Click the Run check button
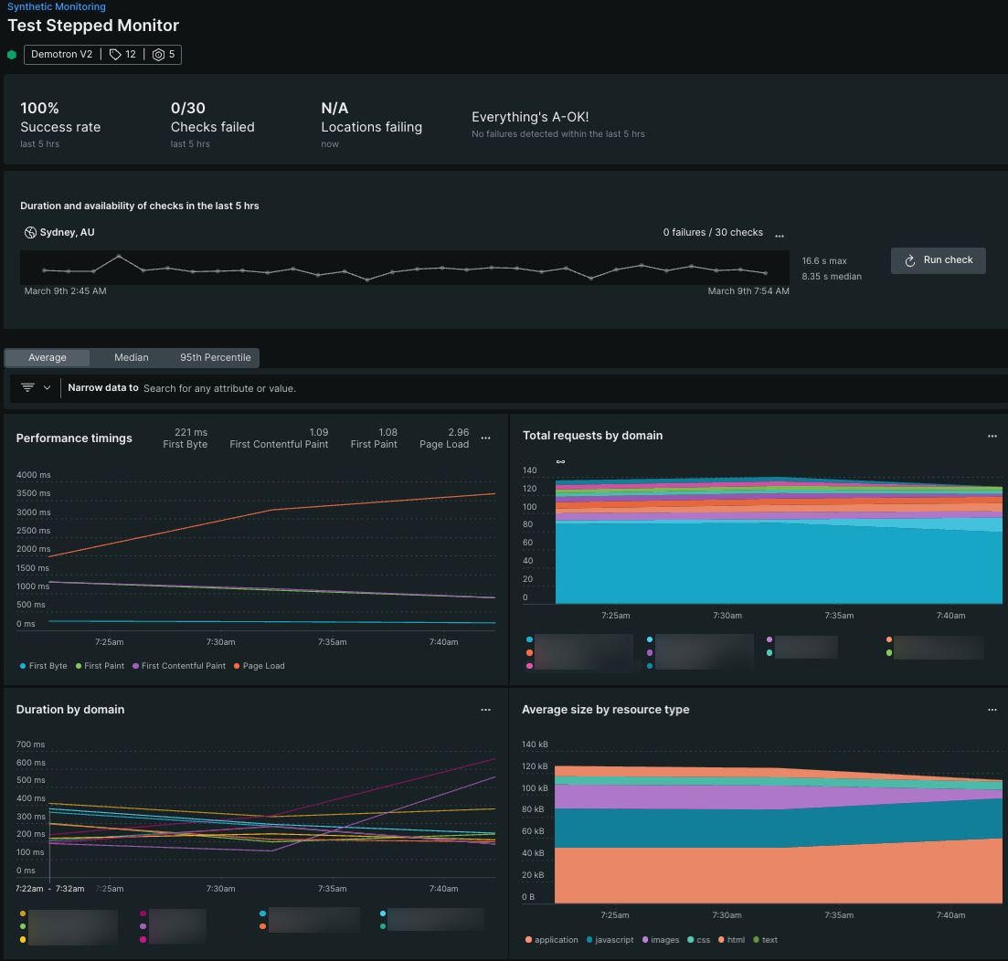[x=938, y=260]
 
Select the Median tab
[x=131, y=357]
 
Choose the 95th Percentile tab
[x=215, y=357]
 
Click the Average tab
[x=48, y=357]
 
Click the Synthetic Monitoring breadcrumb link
[x=57, y=6]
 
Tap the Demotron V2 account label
[x=61, y=55]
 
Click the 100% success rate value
[x=39, y=108]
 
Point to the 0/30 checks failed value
[x=187, y=108]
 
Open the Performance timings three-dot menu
[x=485, y=438]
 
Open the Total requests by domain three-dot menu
[x=992, y=437]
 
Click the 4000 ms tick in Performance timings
[x=33, y=475]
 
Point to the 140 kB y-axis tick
[x=535, y=745]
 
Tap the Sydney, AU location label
[x=67, y=233]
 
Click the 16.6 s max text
[x=824, y=261]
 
